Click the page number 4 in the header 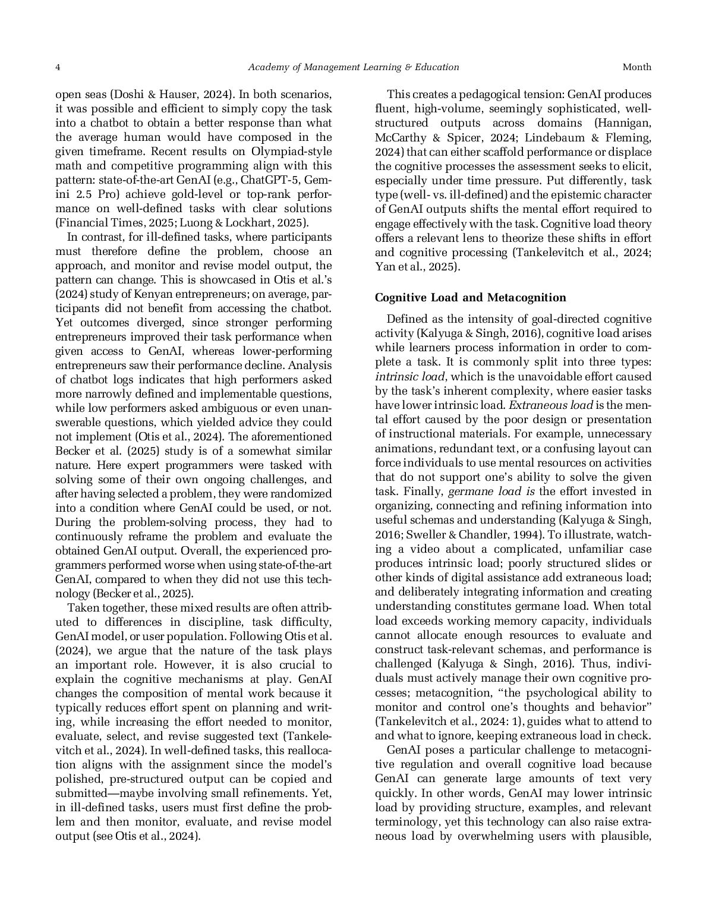(x=58, y=67)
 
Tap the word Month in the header (x=636, y=67)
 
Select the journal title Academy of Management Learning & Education (x=353, y=67)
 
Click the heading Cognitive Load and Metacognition (x=470, y=297)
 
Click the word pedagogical (x=498, y=94)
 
